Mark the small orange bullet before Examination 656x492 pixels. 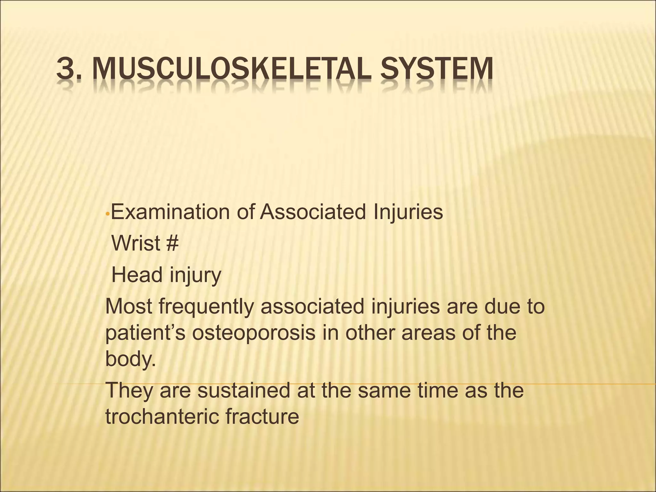[108, 213]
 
